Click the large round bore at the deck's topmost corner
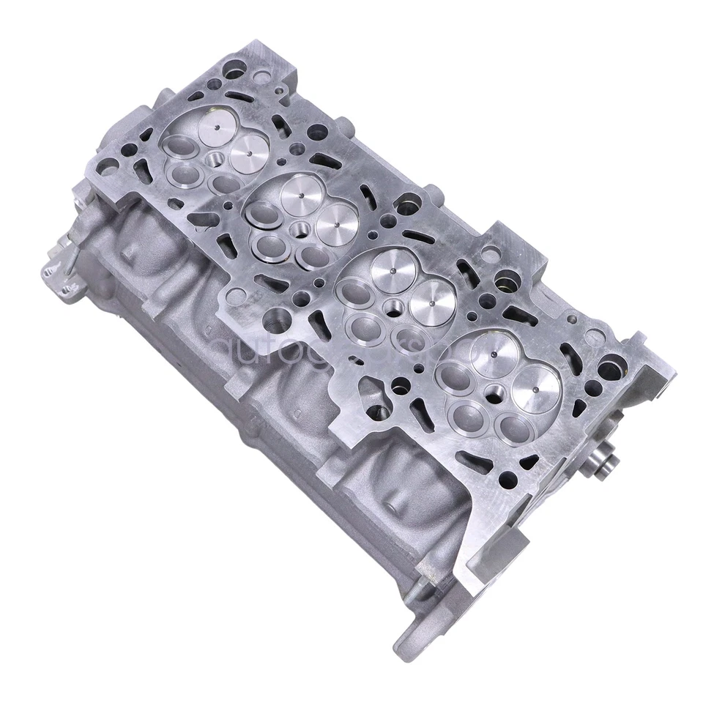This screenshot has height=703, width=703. point(234,72)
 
